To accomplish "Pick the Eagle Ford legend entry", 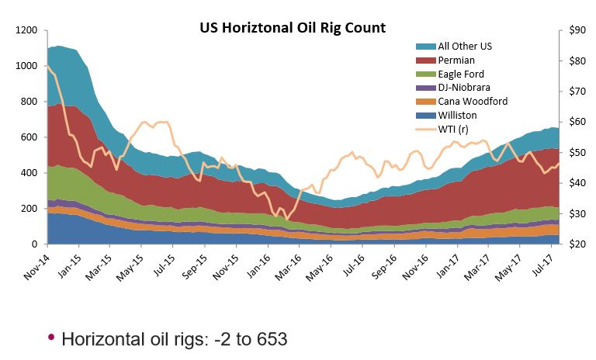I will [463, 74].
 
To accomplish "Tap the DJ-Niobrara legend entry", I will [466, 88].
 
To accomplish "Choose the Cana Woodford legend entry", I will [473, 102].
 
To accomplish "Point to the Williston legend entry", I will [459, 116].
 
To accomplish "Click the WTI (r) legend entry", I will [457, 130].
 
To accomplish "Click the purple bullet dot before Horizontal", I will [51, 337].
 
